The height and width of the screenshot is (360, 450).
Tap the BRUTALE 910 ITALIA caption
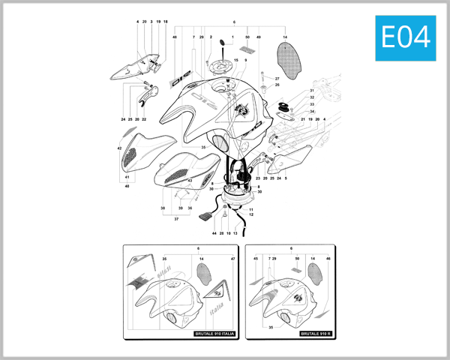pos(215,333)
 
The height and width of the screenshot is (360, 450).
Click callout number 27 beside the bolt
pos(277,78)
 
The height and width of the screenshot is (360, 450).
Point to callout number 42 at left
pos(119,148)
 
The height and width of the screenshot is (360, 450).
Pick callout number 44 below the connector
pos(213,234)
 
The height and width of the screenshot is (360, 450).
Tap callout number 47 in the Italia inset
pos(233,259)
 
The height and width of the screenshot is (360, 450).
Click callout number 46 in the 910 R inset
pos(328,259)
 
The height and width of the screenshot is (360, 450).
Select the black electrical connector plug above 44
pos(205,218)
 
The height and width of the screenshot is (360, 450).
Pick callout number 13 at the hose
pos(235,234)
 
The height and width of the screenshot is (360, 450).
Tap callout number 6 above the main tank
pos(234,22)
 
